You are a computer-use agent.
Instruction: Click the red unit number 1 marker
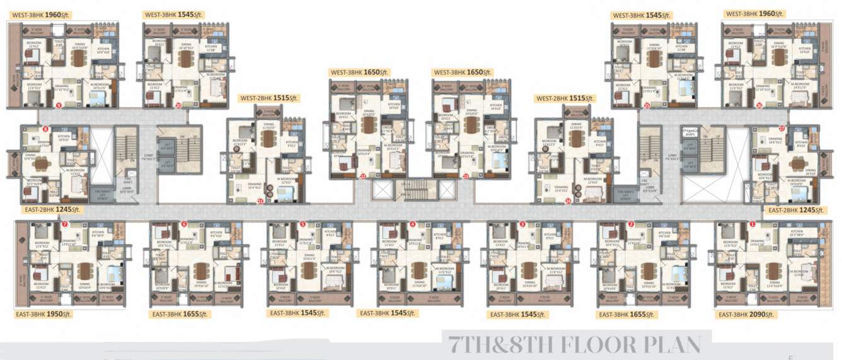click(x=752, y=224)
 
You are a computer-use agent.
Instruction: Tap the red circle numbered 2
click(x=631, y=224)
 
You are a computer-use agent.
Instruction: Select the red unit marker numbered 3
click(x=522, y=224)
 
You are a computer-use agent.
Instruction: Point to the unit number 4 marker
click(x=413, y=224)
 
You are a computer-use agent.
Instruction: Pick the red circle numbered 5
click(x=303, y=224)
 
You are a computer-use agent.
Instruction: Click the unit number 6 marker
click(x=184, y=224)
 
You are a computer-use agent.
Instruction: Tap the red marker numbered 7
click(x=65, y=224)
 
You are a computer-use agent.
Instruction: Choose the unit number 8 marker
click(x=45, y=129)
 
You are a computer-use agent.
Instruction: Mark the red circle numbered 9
click(x=59, y=106)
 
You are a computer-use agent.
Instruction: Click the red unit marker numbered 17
click(x=781, y=129)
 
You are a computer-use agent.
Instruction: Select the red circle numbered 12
click(x=363, y=177)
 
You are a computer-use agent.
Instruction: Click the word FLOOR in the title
click(x=596, y=345)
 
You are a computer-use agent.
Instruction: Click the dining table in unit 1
click(x=773, y=270)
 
